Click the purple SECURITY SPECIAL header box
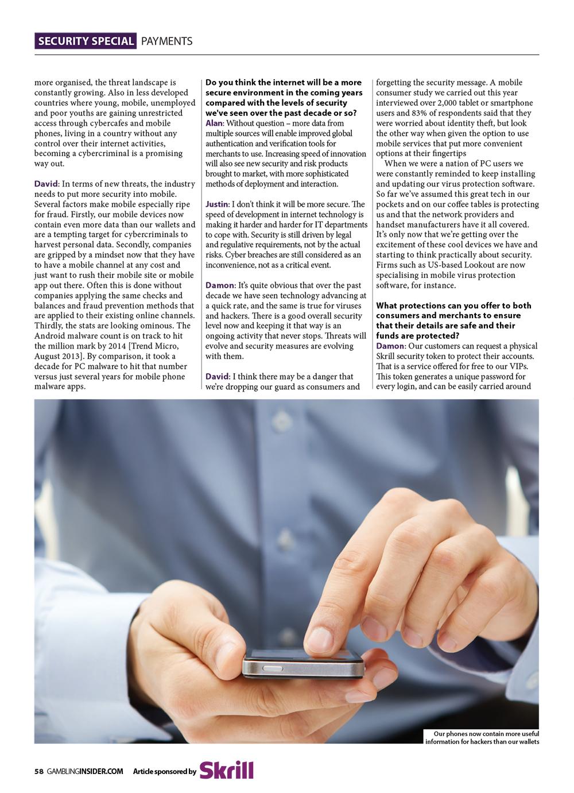tap(86, 41)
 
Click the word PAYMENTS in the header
tap(166, 41)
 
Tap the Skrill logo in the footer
tap(227, 770)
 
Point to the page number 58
tap(38, 772)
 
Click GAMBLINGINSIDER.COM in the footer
tap(85, 772)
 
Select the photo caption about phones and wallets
tap(482, 737)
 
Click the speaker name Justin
tap(216, 204)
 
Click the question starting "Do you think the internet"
tap(284, 97)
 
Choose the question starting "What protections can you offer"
tap(453, 320)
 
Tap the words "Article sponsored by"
tap(164, 772)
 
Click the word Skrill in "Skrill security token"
tap(387, 356)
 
